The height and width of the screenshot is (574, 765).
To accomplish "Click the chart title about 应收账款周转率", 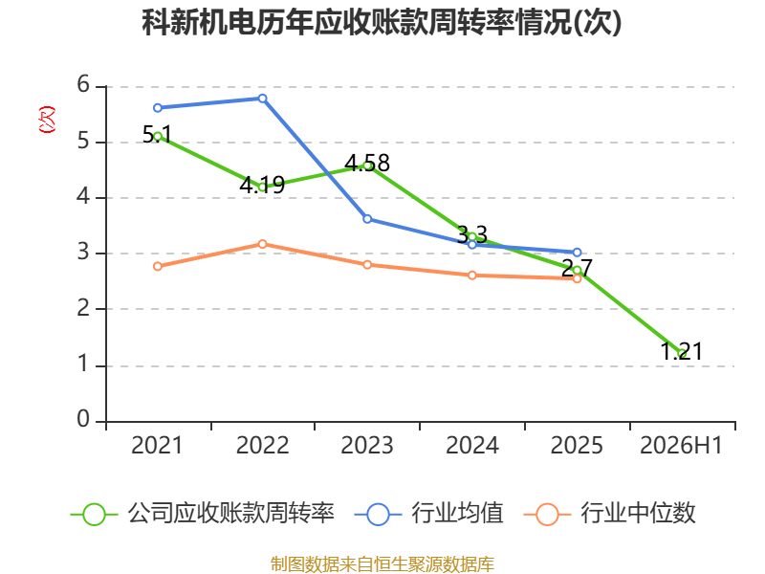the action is pos(382,22).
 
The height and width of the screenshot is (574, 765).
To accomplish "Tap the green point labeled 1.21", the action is pos(682,353).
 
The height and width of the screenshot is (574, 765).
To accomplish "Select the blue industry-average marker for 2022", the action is pos(262,99).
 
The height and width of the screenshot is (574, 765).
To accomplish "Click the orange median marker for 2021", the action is pos(158,267).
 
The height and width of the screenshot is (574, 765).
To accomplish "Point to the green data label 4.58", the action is pos(367,163).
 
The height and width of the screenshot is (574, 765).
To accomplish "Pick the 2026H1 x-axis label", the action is pos(681,446).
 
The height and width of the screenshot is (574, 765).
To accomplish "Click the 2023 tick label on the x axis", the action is pos(367,446).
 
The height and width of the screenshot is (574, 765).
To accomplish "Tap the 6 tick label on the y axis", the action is pos(83,85).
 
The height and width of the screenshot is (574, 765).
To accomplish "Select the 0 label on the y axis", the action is pos(83,419).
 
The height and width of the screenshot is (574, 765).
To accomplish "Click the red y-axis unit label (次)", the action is pos(47,120).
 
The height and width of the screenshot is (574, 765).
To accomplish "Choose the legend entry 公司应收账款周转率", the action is pos(202,514).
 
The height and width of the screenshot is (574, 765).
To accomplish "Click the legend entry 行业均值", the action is pos(428,514).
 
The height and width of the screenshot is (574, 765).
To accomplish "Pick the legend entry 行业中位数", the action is pos(609,514).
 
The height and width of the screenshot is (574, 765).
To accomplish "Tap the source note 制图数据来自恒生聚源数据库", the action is pos(382,564).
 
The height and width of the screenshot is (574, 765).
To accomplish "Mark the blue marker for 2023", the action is pos(367,219).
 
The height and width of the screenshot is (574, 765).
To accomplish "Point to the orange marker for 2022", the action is pos(262,244).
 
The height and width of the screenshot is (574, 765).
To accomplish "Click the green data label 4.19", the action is pos(262,185).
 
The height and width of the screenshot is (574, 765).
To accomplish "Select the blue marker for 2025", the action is pos(578,253).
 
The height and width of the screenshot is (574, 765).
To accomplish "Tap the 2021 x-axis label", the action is pos(157,446).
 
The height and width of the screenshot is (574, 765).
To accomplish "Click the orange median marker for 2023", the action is pos(367,265).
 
